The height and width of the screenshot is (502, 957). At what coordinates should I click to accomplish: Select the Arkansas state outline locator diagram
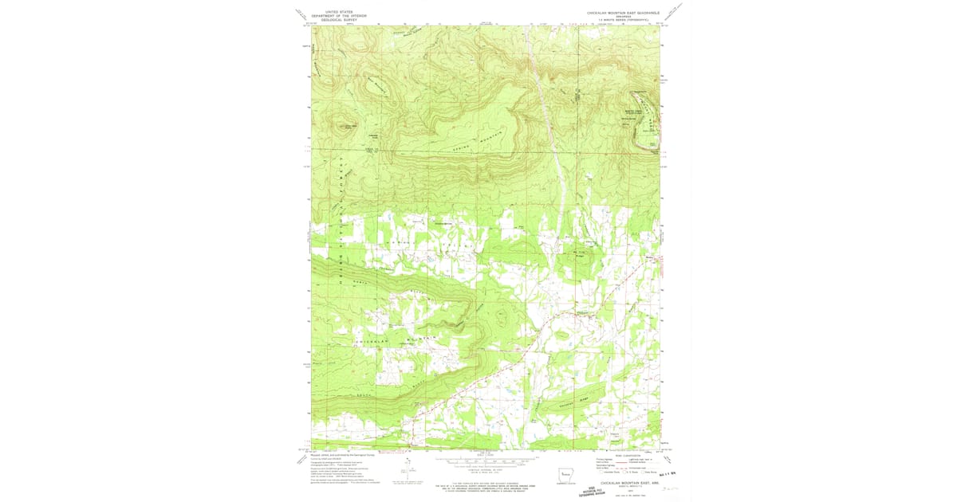(x=564, y=476)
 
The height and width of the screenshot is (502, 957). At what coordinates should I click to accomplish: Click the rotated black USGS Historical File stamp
(x=593, y=492)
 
